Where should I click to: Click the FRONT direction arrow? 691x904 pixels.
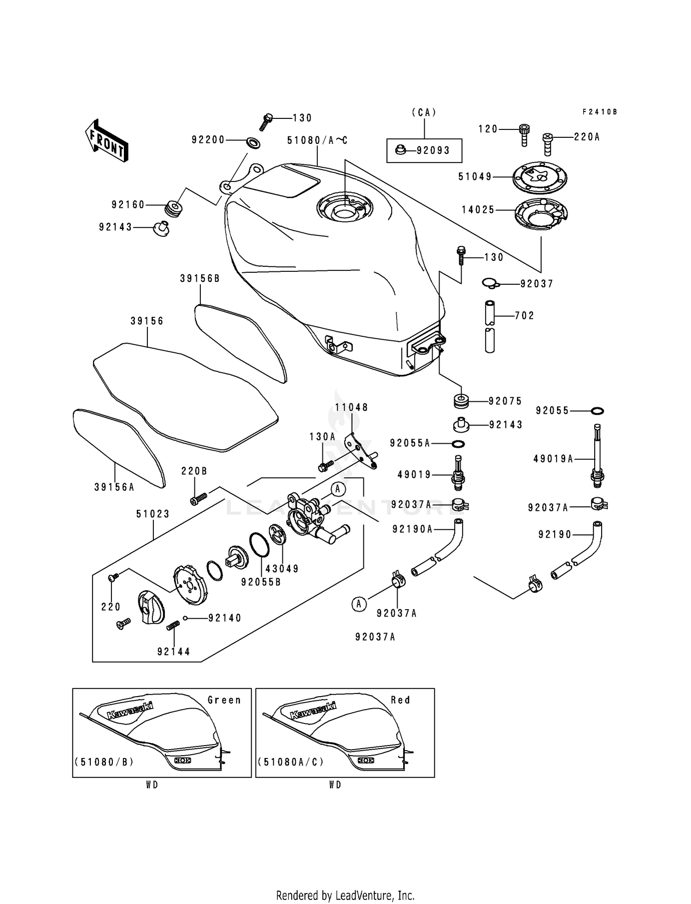[106, 140]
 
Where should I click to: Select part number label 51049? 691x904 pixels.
[475, 176]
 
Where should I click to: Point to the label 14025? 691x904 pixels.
[478, 210]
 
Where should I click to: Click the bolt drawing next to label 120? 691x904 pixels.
[524, 135]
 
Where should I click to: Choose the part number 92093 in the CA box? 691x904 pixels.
[433, 150]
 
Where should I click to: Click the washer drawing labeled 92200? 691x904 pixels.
[253, 142]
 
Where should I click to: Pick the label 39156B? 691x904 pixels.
[200, 278]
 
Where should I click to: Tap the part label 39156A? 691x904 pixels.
[114, 487]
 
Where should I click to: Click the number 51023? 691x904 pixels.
[153, 514]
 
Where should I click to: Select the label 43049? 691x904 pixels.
[282, 569]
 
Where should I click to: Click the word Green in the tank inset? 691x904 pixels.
[224, 700]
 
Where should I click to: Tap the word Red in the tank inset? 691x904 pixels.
[400, 700]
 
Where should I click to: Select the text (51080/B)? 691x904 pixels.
[104, 762]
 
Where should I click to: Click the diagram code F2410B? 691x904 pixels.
[599, 112]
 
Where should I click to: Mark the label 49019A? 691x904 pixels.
[553, 458]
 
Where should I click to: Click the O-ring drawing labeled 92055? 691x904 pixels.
[597, 411]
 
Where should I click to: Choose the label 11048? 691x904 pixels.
[351, 407]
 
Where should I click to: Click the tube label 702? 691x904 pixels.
[524, 316]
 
